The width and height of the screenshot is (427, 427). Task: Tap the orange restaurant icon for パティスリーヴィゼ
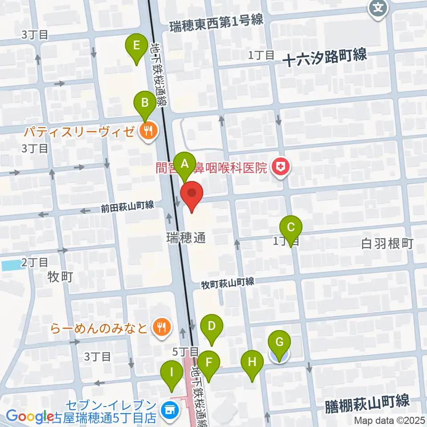(147, 130)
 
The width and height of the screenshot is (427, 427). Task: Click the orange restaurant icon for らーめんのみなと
(160, 327)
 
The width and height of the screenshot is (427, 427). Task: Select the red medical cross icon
(281, 168)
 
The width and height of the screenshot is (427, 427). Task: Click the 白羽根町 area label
(387, 243)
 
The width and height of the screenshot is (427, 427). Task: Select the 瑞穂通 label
(186, 238)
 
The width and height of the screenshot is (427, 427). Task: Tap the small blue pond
(12, 266)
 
